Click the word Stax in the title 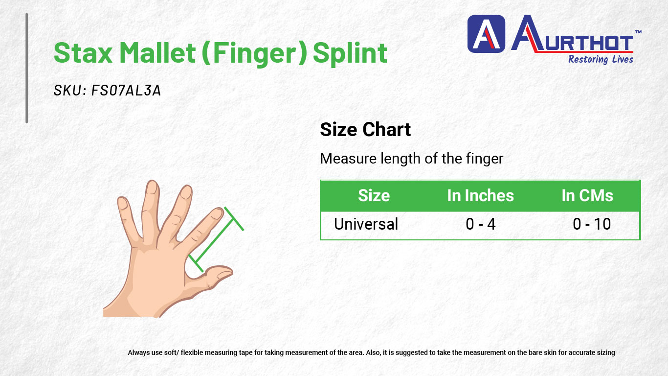pos(83,53)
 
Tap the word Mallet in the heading pos(157,52)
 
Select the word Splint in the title pos(350,54)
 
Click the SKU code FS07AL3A pos(126,90)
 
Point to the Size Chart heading pos(365,130)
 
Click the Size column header pos(374,196)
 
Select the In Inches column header pos(480,196)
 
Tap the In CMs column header pos(587,196)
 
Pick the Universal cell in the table pos(366,224)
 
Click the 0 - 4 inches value pos(480,224)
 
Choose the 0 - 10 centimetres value pos(592,224)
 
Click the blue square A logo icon pos(486,34)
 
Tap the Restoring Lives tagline pos(601,59)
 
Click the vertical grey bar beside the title pos(27,68)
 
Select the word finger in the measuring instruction pos(485,159)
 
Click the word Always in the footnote pos(139,352)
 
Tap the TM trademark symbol pos(638,32)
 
